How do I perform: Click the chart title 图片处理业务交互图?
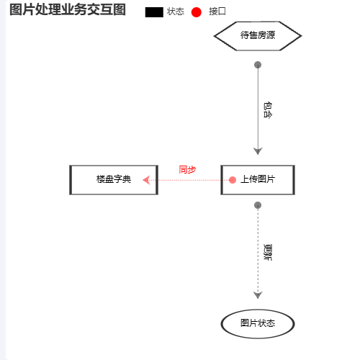pyautogui.click(x=68, y=10)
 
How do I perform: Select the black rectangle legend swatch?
pyautogui.click(x=154, y=12)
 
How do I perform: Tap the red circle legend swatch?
pyautogui.click(x=196, y=12)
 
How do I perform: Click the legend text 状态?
pyautogui.click(x=176, y=12)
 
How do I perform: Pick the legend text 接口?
pyautogui.click(x=217, y=12)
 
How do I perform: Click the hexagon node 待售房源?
pyautogui.click(x=258, y=36)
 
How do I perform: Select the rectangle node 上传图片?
pyautogui.click(x=258, y=180)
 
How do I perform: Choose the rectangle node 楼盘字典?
pyautogui.click(x=114, y=180)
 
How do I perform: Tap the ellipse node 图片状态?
pyautogui.click(x=258, y=323)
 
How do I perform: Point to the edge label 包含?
pyautogui.click(x=268, y=110)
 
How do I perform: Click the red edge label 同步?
pyautogui.click(x=187, y=170)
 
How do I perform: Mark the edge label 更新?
pyautogui.click(x=268, y=252)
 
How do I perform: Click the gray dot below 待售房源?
pyautogui.click(x=258, y=65)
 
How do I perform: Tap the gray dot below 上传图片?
pyautogui.click(x=258, y=205)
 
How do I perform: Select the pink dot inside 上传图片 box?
pyautogui.click(x=233, y=180)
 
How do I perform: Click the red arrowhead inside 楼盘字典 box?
pyautogui.click(x=146, y=180)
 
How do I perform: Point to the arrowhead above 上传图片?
pyautogui.click(x=258, y=151)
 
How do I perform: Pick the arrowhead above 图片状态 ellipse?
pyautogui.click(x=258, y=295)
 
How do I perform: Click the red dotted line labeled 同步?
pyautogui.click(x=188, y=180)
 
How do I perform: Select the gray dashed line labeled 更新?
pyautogui.click(x=258, y=252)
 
